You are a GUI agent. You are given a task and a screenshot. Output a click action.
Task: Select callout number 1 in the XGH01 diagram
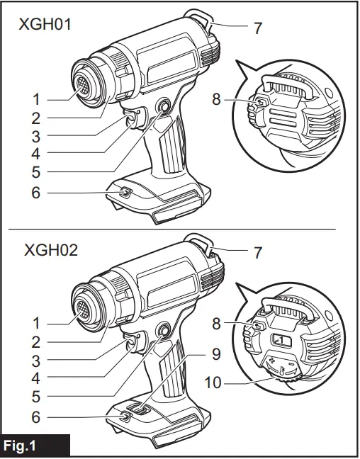tap(35, 98)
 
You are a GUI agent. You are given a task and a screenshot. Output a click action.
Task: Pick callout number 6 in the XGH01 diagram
tap(35, 193)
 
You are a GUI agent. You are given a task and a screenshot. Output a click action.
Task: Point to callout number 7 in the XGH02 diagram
tap(258, 252)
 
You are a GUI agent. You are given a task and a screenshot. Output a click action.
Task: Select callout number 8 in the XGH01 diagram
tap(217, 100)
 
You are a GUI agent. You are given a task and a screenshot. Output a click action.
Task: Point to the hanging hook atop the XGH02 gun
tap(199, 241)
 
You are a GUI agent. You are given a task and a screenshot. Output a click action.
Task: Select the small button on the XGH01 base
tap(125, 193)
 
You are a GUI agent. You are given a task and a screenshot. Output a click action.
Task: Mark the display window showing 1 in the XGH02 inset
tap(281, 341)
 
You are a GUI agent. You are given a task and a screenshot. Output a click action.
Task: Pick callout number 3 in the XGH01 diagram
tap(35, 135)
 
